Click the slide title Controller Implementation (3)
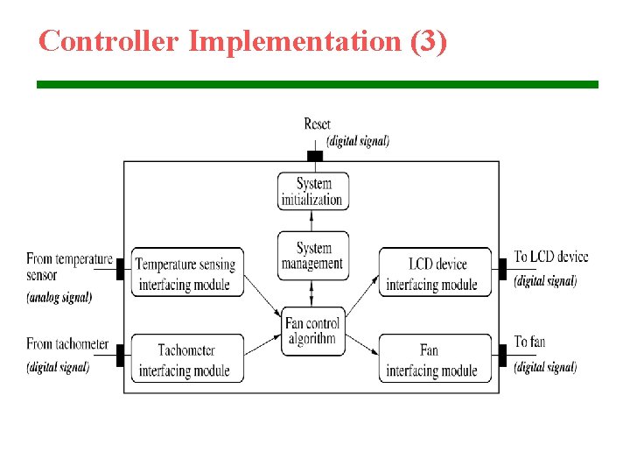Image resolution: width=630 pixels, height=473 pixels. [242, 40]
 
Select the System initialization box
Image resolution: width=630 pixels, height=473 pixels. [312, 191]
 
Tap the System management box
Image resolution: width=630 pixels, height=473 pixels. [312, 256]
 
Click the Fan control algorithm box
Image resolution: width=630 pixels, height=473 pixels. [312, 330]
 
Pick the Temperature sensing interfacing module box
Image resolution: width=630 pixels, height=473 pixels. [186, 272]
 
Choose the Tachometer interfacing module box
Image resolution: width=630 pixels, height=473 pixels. [186, 358]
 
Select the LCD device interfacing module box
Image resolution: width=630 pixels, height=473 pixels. [434, 272]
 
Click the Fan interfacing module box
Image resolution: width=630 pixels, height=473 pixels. [434, 358]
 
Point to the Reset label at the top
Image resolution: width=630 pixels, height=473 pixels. [317, 124]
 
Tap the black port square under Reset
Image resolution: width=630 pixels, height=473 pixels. [315, 156]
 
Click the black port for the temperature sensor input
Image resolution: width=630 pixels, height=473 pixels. [121, 268]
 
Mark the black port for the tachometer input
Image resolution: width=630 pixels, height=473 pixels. [121, 355]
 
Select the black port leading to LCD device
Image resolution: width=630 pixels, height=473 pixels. [502, 268]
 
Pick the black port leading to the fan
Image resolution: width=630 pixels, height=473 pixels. [502, 355]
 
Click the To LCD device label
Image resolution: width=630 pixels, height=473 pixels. [550, 257]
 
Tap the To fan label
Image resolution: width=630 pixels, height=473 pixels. [529, 342]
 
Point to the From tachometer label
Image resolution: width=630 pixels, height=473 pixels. [67, 344]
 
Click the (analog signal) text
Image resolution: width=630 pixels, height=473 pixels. [59, 297]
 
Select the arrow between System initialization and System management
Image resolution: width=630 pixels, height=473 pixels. [313, 221]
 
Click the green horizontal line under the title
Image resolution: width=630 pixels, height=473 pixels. [317, 84]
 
